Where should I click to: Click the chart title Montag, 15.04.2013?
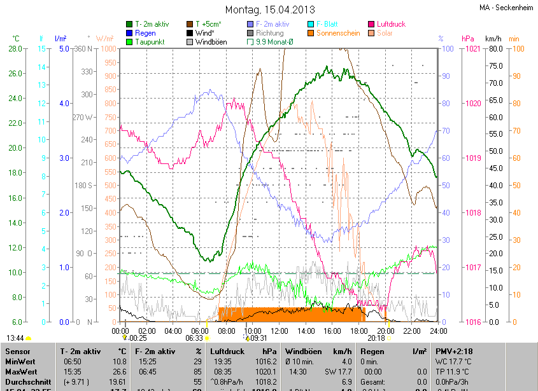pos(270,10)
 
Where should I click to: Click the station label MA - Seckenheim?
pos(507,8)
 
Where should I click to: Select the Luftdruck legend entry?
pos(391,24)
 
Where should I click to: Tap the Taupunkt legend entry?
pos(151,42)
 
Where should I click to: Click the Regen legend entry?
pos(145,33)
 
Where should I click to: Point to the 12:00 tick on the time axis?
pos(280,331)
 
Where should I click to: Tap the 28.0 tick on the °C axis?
pos(15,48)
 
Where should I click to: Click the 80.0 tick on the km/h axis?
pos(494,48)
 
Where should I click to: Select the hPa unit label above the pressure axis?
pos(468,39)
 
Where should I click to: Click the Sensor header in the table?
pos(17,351)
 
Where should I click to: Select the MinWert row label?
pos(20,361)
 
